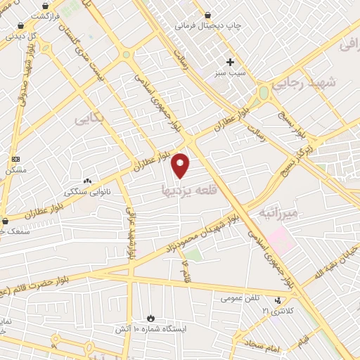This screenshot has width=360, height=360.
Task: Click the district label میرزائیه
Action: point(278,212)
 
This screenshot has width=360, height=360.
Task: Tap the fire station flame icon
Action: point(149,317)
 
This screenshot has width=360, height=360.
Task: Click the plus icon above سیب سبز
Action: point(230,62)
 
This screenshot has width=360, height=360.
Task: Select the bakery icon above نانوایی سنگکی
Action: point(87,181)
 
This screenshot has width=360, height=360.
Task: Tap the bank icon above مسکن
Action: point(16,160)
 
